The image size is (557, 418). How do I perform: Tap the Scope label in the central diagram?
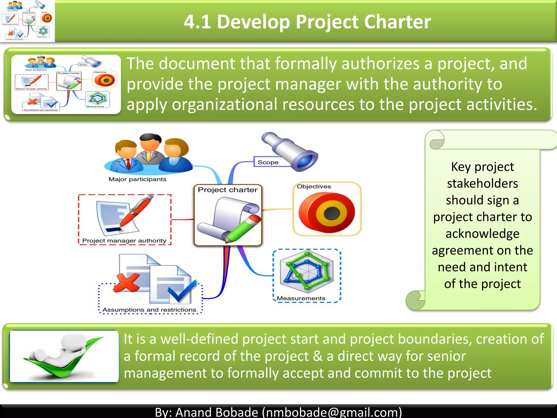tap(268, 162)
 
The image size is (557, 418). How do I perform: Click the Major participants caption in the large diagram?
tap(137, 179)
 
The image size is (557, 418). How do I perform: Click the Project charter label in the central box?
tap(227, 190)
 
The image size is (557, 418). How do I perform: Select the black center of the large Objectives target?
tap(332, 213)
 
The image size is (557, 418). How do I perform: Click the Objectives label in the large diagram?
tap(314, 187)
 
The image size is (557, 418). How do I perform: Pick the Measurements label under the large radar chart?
tap(301, 298)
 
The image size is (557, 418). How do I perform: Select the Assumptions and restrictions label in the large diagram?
tap(149, 310)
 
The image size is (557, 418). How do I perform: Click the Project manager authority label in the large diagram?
tap(124, 241)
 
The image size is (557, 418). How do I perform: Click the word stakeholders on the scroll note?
tap(482, 183)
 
